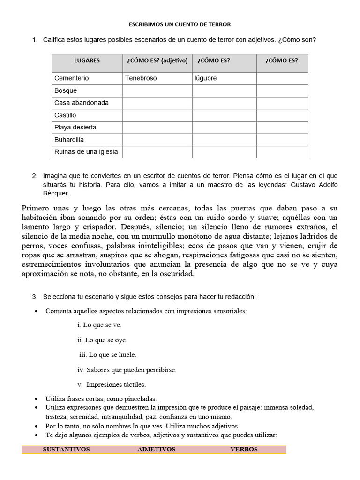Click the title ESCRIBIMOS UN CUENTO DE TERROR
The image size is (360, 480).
pos(180,24)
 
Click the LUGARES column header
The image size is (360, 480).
pos(87,60)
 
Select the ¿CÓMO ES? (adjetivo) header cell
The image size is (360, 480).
pos(157,60)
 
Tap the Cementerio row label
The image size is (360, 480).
pos(71,78)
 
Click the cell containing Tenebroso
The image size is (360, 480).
pos(141,78)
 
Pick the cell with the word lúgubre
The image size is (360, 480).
pos(206,78)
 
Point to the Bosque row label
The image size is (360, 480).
pos(66,90)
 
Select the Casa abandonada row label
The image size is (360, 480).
pos(82,103)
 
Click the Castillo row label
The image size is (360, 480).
pos(65,115)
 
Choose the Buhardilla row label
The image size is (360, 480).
pos(69,139)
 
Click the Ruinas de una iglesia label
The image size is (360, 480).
pos(86,151)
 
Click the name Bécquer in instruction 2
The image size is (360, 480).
pos(56,193)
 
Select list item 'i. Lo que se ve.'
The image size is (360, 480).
pos(99,325)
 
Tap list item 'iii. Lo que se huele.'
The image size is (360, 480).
pos(108,355)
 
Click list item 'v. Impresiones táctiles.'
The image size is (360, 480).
pos(112,385)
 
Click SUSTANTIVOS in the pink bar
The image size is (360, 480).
pos(66,449)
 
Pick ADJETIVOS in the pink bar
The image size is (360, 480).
pos(157,449)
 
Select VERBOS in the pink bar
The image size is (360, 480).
pos(244,449)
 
